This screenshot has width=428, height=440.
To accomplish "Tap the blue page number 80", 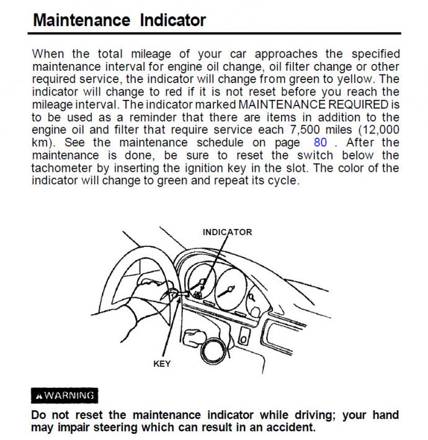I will [x=320, y=142].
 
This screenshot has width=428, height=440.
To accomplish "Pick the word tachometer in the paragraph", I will [x=65, y=168].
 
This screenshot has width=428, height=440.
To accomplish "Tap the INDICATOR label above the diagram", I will [x=227, y=232].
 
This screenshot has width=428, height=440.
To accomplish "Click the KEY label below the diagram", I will [x=161, y=364].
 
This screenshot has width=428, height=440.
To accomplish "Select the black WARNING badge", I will [x=65, y=395].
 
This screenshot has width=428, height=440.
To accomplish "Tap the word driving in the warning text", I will [x=316, y=415].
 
